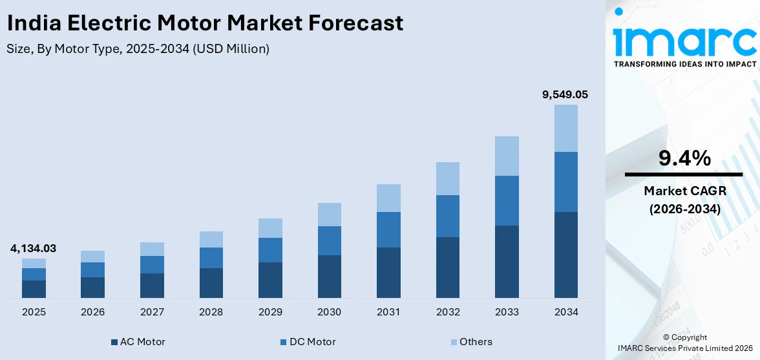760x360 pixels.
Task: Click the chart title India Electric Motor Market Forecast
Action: point(205,23)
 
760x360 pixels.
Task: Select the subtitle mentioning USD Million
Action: point(138,49)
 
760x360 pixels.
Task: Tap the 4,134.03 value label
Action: point(33,248)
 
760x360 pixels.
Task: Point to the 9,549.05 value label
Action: point(565,94)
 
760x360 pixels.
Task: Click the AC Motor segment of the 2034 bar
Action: point(565,255)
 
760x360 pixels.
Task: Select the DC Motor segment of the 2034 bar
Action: point(565,182)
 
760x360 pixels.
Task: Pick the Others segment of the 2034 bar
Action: point(565,128)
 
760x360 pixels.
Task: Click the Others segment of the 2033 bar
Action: point(507,156)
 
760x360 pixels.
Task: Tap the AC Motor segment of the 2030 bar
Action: point(329,276)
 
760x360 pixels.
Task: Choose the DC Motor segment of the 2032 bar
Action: point(447,216)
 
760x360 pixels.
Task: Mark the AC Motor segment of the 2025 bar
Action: point(34,289)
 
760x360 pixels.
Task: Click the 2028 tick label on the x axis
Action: point(211,312)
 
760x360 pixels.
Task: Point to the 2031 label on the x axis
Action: point(388,312)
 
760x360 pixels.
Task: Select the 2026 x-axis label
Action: point(93,312)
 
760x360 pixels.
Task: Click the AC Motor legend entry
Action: point(138,342)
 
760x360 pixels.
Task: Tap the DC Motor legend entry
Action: point(308,342)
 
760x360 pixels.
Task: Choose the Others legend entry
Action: point(471,342)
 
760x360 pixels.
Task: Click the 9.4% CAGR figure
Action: point(684,158)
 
